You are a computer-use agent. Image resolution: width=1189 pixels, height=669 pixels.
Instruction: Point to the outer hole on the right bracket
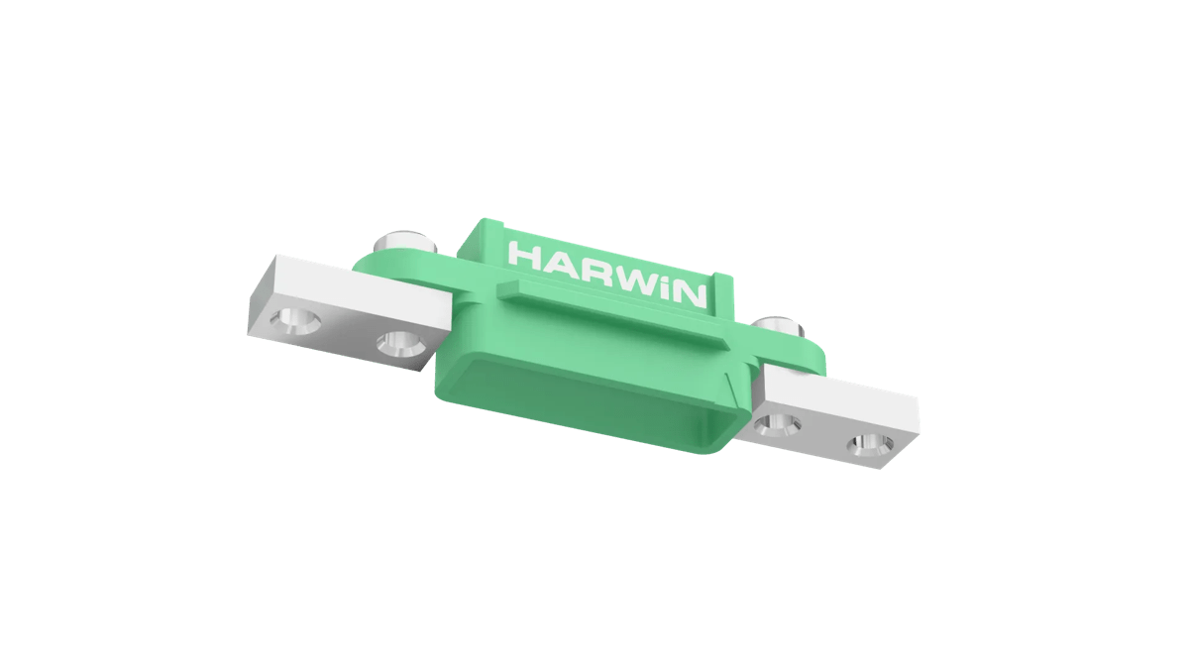pyautogui.click(x=869, y=445)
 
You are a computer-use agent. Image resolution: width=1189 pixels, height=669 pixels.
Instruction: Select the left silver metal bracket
pyautogui.click(x=347, y=297)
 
